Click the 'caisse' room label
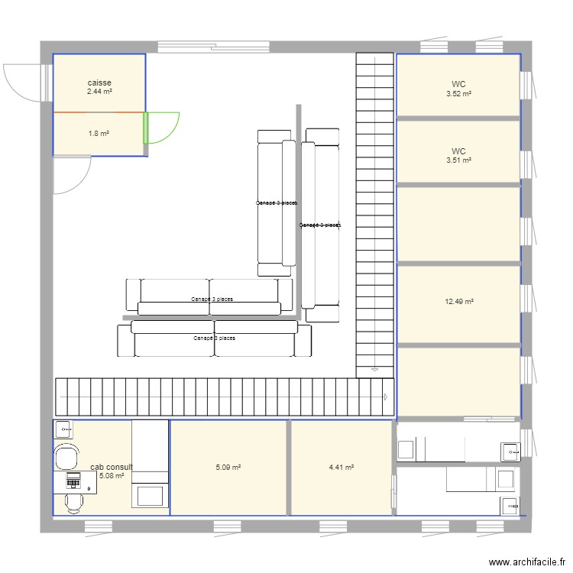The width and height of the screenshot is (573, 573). pyautogui.click(x=99, y=82)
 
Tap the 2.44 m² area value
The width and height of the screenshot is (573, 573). pyautogui.click(x=99, y=91)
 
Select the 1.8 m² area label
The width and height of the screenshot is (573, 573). pyautogui.click(x=99, y=134)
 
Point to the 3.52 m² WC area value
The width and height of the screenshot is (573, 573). pyautogui.click(x=458, y=94)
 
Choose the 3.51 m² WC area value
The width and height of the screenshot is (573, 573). pyautogui.click(x=458, y=160)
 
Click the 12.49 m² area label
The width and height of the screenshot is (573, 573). pyautogui.click(x=459, y=302)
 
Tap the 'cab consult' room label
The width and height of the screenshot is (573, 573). pyautogui.click(x=112, y=467)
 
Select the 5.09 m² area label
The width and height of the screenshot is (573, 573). pyautogui.click(x=228, y=468)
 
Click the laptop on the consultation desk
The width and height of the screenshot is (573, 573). pyautogui.click(x=74, y=481)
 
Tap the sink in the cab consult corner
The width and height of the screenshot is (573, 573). pyautogui.click(x=63, y=429)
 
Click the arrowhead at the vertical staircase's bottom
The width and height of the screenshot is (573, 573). pyautogui.click(x=374, y=370)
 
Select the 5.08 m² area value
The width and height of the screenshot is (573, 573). pyautogui.click(x=112, y=476)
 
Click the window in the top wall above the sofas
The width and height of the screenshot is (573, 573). pyautogui.click(x=206, y=47)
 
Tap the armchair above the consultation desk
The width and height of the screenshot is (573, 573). pyautogui.click(x=67, y=457)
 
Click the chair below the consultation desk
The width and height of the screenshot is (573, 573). pyautogui.click(x=74, y=503)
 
